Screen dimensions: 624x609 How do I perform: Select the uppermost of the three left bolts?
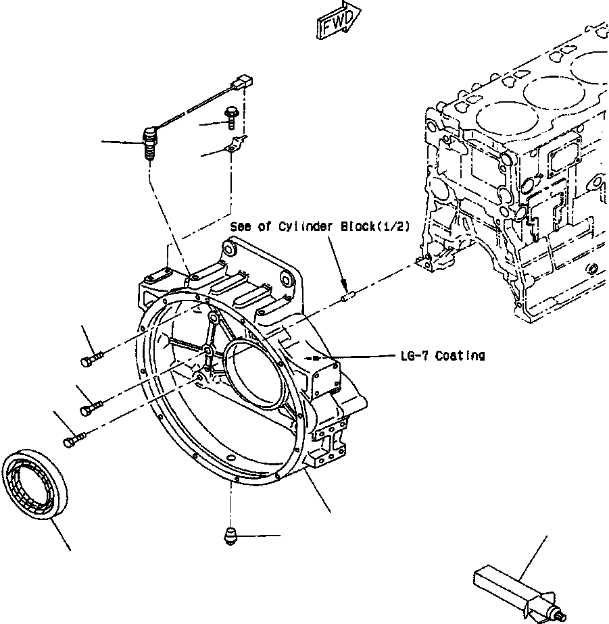click(x=93, y=360)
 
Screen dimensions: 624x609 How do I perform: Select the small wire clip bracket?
click(x=233, y=145)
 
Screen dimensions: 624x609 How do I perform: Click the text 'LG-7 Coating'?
click(x=441, y=355)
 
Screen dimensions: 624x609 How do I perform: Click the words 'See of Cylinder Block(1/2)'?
click(x=320, y=227)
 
